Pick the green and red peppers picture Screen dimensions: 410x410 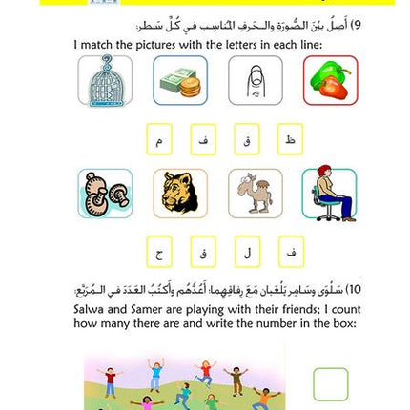pyautogui.click(x=331, y=80)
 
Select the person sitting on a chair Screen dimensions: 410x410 pyautogui.click(x=331, y=194)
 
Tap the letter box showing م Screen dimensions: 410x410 pyautogui.click(x=159, y=139)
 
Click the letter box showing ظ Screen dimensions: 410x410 pyautogui.click(x=290, y=139)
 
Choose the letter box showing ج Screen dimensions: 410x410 pyautogui.click(x=159, y=253)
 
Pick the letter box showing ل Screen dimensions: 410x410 pyautogui.click(x=246, y=253)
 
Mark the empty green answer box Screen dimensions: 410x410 pyautogui.click(x=330, y=385)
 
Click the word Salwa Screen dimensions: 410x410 pyautogui.click(x=92, y=310)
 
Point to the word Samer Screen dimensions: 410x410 pyautogui.click(x=143, y=310)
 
